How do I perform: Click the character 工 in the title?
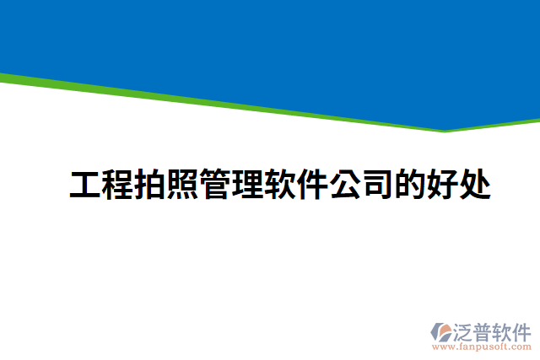tap(84, 185)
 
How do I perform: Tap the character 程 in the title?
tap(117, 185)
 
